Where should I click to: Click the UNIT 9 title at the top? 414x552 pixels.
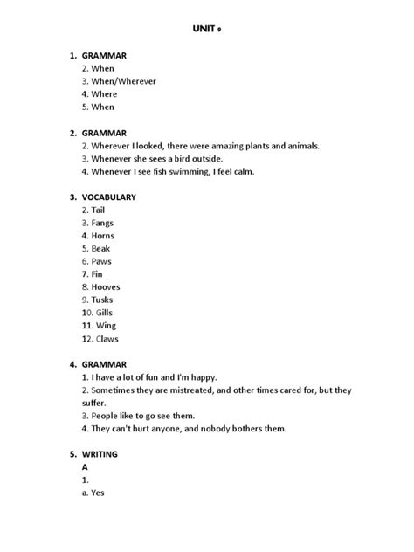tap(207, 27)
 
